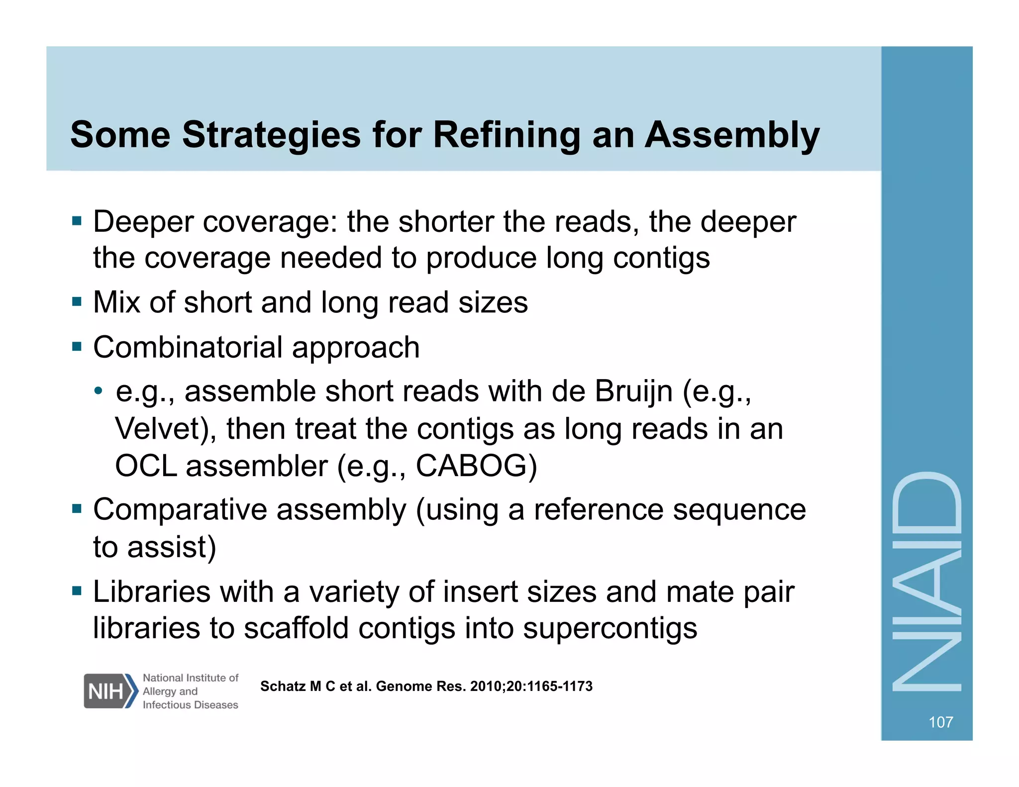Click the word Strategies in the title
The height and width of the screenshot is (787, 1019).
pos(271,135)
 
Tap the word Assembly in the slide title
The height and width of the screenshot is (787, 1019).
pos(732,135)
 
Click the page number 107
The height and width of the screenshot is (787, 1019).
pos(940,722)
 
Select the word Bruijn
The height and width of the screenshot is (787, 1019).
pos(633,391)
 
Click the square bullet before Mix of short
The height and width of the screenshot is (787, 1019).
pos(77,301)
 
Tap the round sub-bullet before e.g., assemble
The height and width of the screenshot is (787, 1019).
pos(99,391)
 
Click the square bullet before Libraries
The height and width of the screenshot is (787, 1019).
pos(77,591)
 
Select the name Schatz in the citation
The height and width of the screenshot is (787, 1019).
pos(283,687)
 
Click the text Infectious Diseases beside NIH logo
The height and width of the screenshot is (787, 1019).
pos(190,705)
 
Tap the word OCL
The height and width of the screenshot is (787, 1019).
pos(146,466)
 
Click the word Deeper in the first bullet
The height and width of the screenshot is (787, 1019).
pos(143,222)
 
